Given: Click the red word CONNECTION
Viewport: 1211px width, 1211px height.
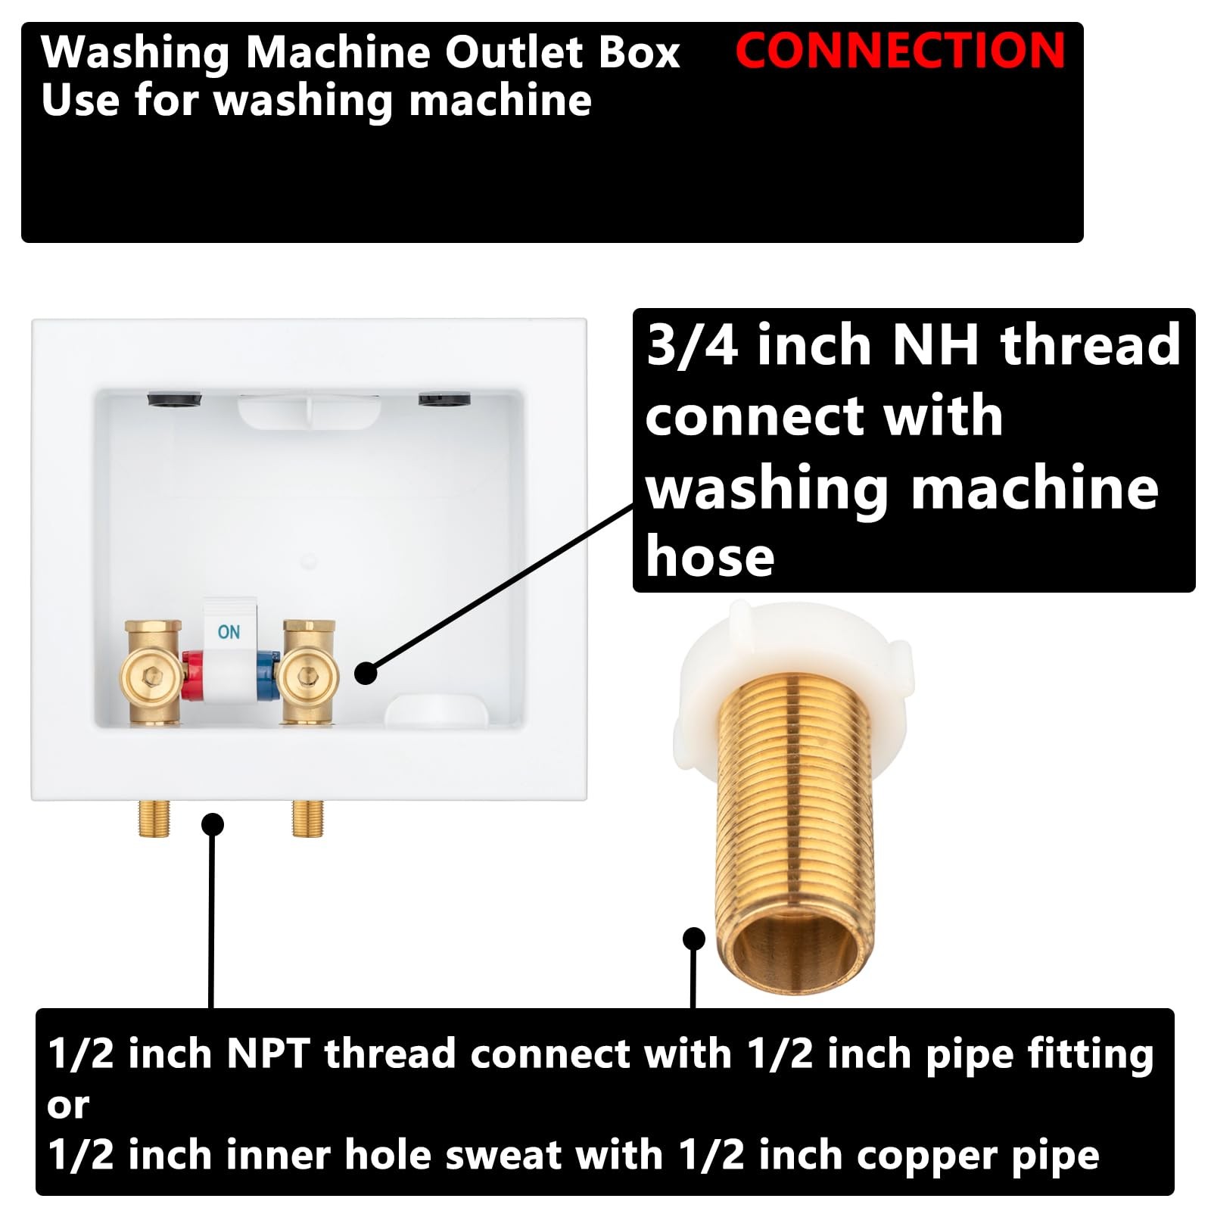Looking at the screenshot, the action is [x=900, y=51].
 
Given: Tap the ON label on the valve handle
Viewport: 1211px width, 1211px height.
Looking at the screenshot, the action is [x=229, y=631].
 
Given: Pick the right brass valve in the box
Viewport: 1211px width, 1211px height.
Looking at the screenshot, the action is [x=307, y=672].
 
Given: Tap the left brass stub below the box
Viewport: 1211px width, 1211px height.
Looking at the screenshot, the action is [x=154, y=817].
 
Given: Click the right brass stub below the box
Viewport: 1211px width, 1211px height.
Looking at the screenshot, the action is [x=307, y=817].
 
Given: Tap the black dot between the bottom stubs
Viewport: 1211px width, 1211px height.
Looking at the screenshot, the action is [x=213, y=823].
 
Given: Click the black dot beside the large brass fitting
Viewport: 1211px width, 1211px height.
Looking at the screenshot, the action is [x=694, y=939].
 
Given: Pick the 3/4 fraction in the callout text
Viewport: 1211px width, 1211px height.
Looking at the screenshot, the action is [x=693, y=345].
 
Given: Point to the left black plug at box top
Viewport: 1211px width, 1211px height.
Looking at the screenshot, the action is [x=174, y=398].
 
